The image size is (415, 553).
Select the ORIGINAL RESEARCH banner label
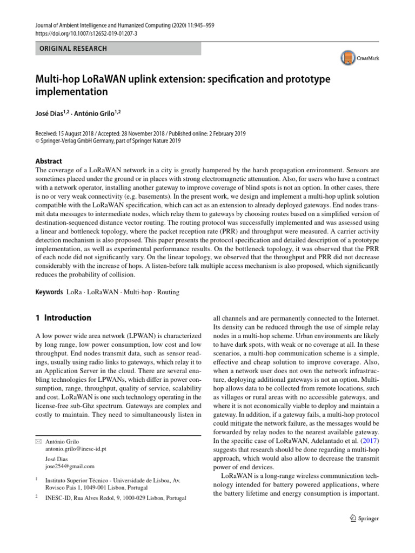[x=72, y=49]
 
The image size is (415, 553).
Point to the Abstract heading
[x=48, y=161]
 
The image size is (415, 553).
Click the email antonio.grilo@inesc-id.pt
[x=76, y=449]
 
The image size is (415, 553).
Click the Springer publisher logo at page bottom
[x=362, y=518]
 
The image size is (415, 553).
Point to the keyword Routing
[x=167, y=292]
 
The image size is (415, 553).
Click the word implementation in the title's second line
[x=72, y=92]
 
